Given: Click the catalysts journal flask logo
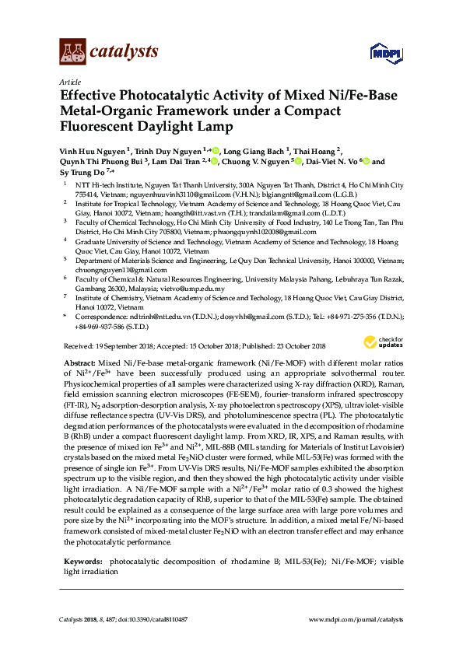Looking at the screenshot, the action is pos(72,51).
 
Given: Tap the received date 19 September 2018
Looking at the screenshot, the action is pos(123,345).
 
